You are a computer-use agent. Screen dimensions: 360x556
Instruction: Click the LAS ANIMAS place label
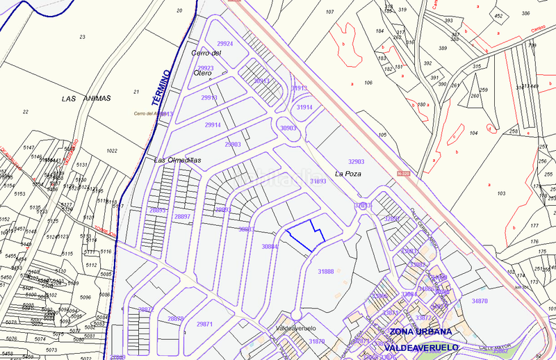(x=86, y=99)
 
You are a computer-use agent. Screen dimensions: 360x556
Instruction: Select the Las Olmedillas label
(x=177, y=160)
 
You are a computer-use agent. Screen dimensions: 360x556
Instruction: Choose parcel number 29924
(x=224, y=43)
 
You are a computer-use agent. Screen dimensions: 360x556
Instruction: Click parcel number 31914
(x=304, y=108)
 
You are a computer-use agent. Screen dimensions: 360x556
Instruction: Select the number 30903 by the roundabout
(x=288, y=129)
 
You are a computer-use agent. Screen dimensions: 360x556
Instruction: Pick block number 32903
(x=356, y=161)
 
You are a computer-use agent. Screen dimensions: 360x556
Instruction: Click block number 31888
(x=325, y=271)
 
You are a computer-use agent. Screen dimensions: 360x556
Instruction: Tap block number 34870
(x=480, y=301)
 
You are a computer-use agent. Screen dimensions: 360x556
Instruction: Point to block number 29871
(x=204, y=325)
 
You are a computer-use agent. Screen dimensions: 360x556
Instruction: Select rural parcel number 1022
(x=112, y=151)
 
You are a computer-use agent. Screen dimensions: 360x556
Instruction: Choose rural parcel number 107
(x=329, y=12)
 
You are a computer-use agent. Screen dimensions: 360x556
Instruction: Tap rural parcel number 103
(x=502, y=193)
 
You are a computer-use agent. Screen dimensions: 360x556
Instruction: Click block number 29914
(x=213, y=125)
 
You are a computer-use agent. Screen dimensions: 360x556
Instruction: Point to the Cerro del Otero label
(x=205, y=63)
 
